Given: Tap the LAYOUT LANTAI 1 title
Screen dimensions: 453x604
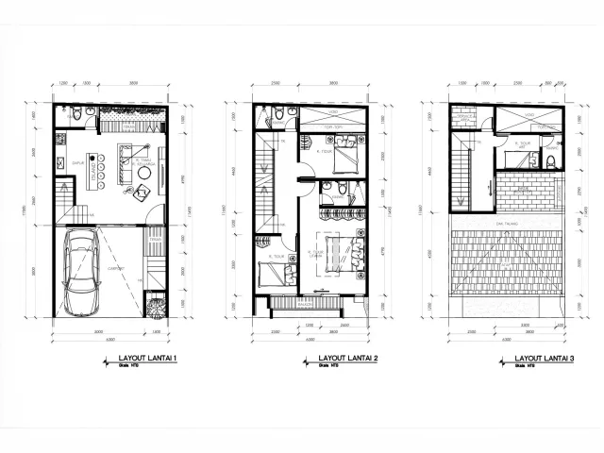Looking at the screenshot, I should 149,359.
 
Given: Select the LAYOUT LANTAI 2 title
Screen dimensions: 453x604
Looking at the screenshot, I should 348,359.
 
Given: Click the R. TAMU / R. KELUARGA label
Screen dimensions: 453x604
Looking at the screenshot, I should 144,161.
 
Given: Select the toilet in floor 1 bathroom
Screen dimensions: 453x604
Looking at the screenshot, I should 88,113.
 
